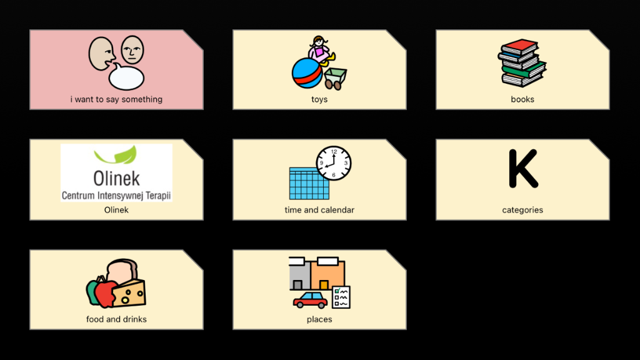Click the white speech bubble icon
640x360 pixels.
coord(126,77)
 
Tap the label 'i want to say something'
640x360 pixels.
coord(116,99)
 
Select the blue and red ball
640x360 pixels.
coord(307,74)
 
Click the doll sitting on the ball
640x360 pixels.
coord(321,51)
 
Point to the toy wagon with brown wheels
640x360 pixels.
coord(335,78)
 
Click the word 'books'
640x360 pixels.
coord(522,99)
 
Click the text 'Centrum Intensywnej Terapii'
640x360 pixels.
coord(116,196)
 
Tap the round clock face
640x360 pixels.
coord(334,163)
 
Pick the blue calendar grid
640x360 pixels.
coord(309,184)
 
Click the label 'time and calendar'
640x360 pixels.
coord(319,210)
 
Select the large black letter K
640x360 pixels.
coord(523,168)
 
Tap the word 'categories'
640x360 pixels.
coord(522,210)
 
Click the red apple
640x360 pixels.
coord(104,294)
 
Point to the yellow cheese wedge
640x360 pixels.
coord(129,293)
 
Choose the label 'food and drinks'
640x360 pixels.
coord(116,319)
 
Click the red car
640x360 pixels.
coord(310,300)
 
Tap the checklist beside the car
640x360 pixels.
coord(341,297)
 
